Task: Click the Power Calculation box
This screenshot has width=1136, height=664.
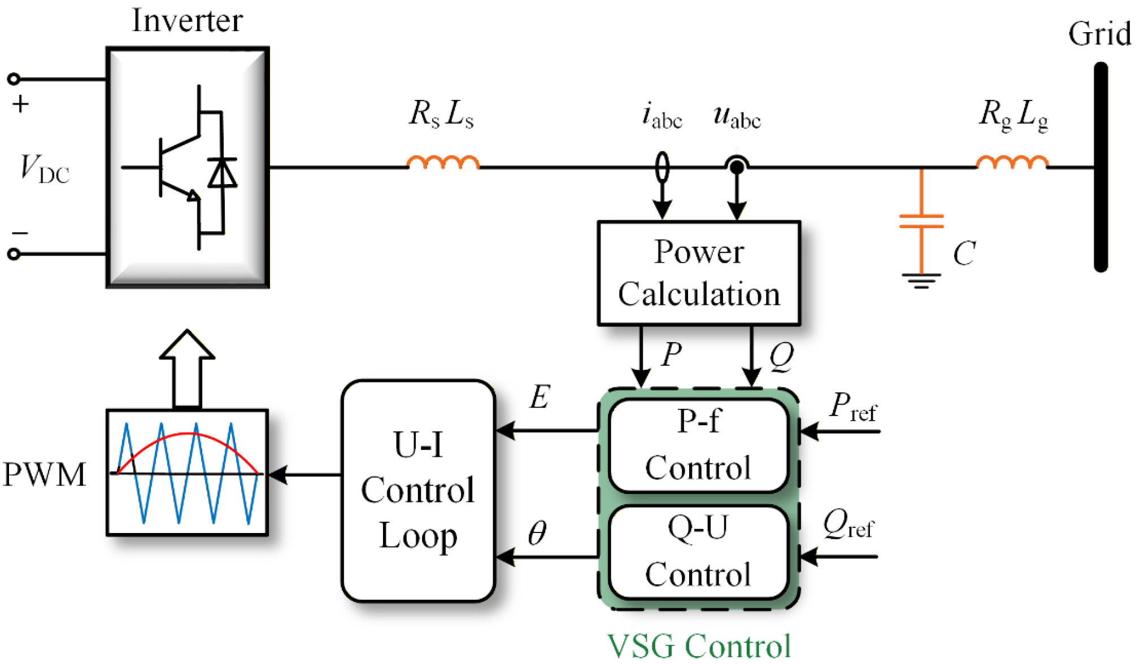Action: click(x=699, y=273)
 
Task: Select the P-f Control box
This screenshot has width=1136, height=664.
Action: click(x=698, y=445)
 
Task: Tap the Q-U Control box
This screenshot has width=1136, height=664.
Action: click(x=698, y=552)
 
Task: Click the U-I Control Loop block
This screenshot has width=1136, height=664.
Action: click(x=418, y=490)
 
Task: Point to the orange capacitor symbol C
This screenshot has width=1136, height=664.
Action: click(x=921, y=221)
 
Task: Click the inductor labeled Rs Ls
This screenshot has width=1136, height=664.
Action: click(x=443, y=163)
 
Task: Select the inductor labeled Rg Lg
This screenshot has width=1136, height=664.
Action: click(x=1012, y=163)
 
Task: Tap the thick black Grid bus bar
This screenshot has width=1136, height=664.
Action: click(x=1100, y=167)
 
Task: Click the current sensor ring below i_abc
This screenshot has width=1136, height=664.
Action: click(x=662, y=167)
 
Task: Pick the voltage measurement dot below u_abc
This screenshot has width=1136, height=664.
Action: click(x=737, y=167)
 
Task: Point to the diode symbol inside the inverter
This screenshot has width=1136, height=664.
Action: click(x=222, y=173)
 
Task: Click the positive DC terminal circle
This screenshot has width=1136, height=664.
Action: click(x=14, y=78)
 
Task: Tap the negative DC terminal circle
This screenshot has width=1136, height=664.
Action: click(x=14, y=254)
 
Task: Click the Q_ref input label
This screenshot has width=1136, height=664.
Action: click(x=847, y=524)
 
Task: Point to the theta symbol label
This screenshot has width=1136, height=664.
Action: click(x=537, y=532)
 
